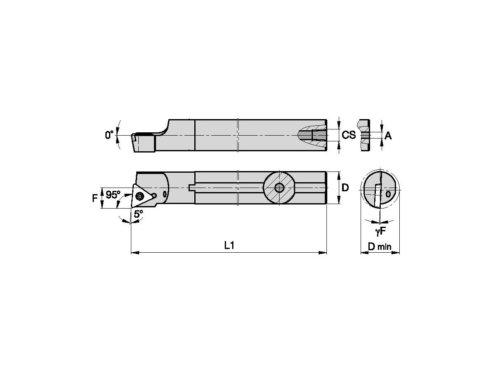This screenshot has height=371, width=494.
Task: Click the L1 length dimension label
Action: tap(229, 246)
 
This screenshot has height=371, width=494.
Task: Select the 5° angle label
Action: tap(138, 214)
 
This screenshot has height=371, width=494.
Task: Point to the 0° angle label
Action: tap(109, 135)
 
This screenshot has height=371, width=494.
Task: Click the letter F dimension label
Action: tap(94, 198)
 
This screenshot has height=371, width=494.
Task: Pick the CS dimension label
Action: tap(349, 135)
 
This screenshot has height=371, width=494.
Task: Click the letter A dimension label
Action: tap(388, 136)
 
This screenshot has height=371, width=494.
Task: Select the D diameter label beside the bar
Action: tap(345, 188)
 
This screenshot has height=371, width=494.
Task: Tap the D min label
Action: tap(379, 247)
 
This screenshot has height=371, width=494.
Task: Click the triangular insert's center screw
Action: tap(140, 196)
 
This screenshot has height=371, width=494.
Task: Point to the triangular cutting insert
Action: tap(139, 197)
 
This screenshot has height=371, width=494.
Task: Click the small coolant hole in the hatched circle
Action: tap(280, 188)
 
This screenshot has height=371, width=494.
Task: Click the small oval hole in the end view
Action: tap(388, 193)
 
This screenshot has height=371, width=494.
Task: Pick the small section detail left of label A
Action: tap(364, 135)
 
